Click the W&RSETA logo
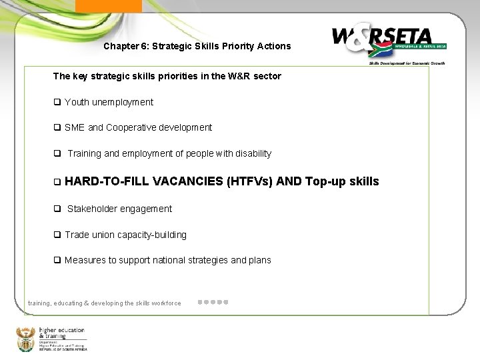click(x=388, y=41)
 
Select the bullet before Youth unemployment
click(x=57, y=102)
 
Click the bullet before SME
click(x=57, y=127)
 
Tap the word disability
click(x=251, y=153)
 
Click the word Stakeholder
click(x=92, y=209)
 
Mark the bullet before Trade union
click(x=57, y=235)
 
